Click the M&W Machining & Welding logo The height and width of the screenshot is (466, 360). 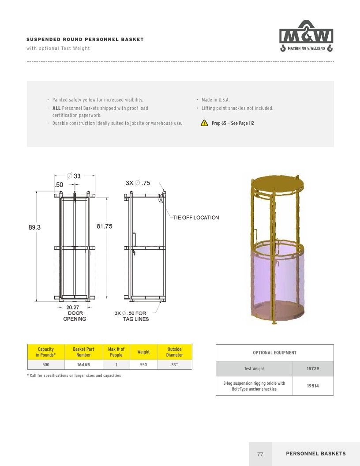[x=306, y=36]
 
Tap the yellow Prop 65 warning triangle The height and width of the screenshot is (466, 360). [x=204, y=123]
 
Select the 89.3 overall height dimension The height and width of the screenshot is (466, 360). [x=34, y=227]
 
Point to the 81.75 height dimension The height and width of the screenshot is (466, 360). [x=105, y=226]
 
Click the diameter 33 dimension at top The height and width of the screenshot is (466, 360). [x=74, y=176]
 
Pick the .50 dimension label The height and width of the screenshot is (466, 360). [x=59, y=185]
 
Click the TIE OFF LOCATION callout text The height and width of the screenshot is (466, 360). [x=196, y=218]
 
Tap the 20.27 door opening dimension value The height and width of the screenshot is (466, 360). [x=73, y=307]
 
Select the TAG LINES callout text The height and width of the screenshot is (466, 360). [x=136, y=319]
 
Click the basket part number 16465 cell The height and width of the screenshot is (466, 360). [x=83, y=365]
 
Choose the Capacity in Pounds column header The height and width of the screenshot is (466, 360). [x=46, y=352]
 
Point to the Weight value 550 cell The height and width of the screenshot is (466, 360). [x=143, y=365]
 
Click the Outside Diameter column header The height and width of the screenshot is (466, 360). [x=175, y=352]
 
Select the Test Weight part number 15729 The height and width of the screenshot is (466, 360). [x=313, y=368]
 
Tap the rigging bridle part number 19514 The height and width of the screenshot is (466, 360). [x=313, y=386]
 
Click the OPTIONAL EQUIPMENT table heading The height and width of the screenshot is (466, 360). [x=275, y=353]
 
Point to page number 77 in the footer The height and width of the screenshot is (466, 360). [x=260, y=454]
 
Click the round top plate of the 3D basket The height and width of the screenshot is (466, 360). [x=277, y=181]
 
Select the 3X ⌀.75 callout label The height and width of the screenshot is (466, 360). [x=138, y=183]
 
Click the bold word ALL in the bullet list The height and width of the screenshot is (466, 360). [x=56, y=108]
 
